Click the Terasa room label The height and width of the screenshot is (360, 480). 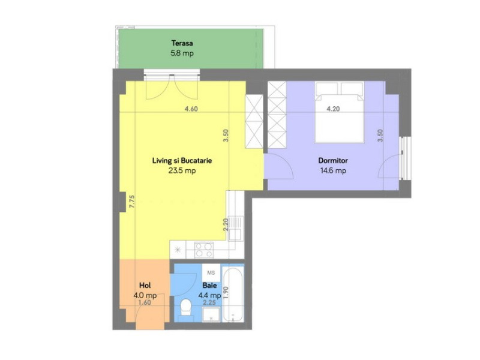click(x=182, y=43)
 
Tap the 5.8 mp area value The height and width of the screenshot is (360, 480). click(x=182, y=53)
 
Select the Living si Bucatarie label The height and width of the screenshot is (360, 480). click(x=182, y=161)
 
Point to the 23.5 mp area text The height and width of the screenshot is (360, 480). click(x=182, y=170)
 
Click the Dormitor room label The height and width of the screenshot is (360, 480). click(x=334, y=161)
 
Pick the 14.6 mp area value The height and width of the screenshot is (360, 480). click(x=334, y=170)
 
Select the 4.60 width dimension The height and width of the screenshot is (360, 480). click(x=191, y=109)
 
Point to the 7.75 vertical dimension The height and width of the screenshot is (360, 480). click(x=132, y=202)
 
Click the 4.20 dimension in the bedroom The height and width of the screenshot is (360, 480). click(x=333, y=109)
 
